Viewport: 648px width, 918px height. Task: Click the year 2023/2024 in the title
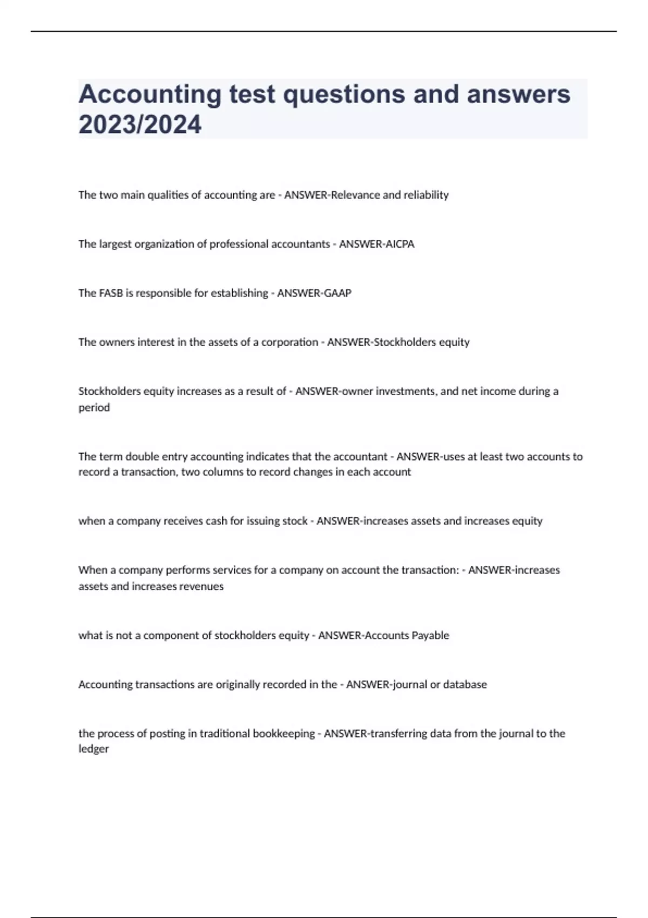(140, 124)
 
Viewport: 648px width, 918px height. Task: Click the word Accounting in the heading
(150, 94)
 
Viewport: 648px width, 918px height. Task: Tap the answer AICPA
(399, 244)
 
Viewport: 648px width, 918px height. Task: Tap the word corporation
(289, 342)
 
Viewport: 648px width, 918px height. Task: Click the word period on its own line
(94, 408)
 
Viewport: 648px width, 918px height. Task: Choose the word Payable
(430, 636)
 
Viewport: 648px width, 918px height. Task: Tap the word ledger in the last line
(93, 749)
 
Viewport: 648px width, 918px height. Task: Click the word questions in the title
(345, 94)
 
